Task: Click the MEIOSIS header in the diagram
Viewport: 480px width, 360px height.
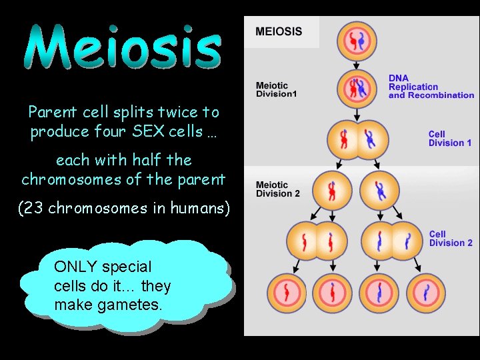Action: click(279, 31)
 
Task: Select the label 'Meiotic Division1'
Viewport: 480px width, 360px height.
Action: click(276, 90)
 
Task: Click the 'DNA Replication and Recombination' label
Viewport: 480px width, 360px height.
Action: click(431, 87)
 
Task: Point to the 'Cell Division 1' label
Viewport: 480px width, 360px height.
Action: click(450, 139)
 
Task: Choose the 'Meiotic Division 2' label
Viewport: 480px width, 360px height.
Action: click(277, 189)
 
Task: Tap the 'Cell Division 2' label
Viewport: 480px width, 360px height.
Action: click(451, 239)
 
